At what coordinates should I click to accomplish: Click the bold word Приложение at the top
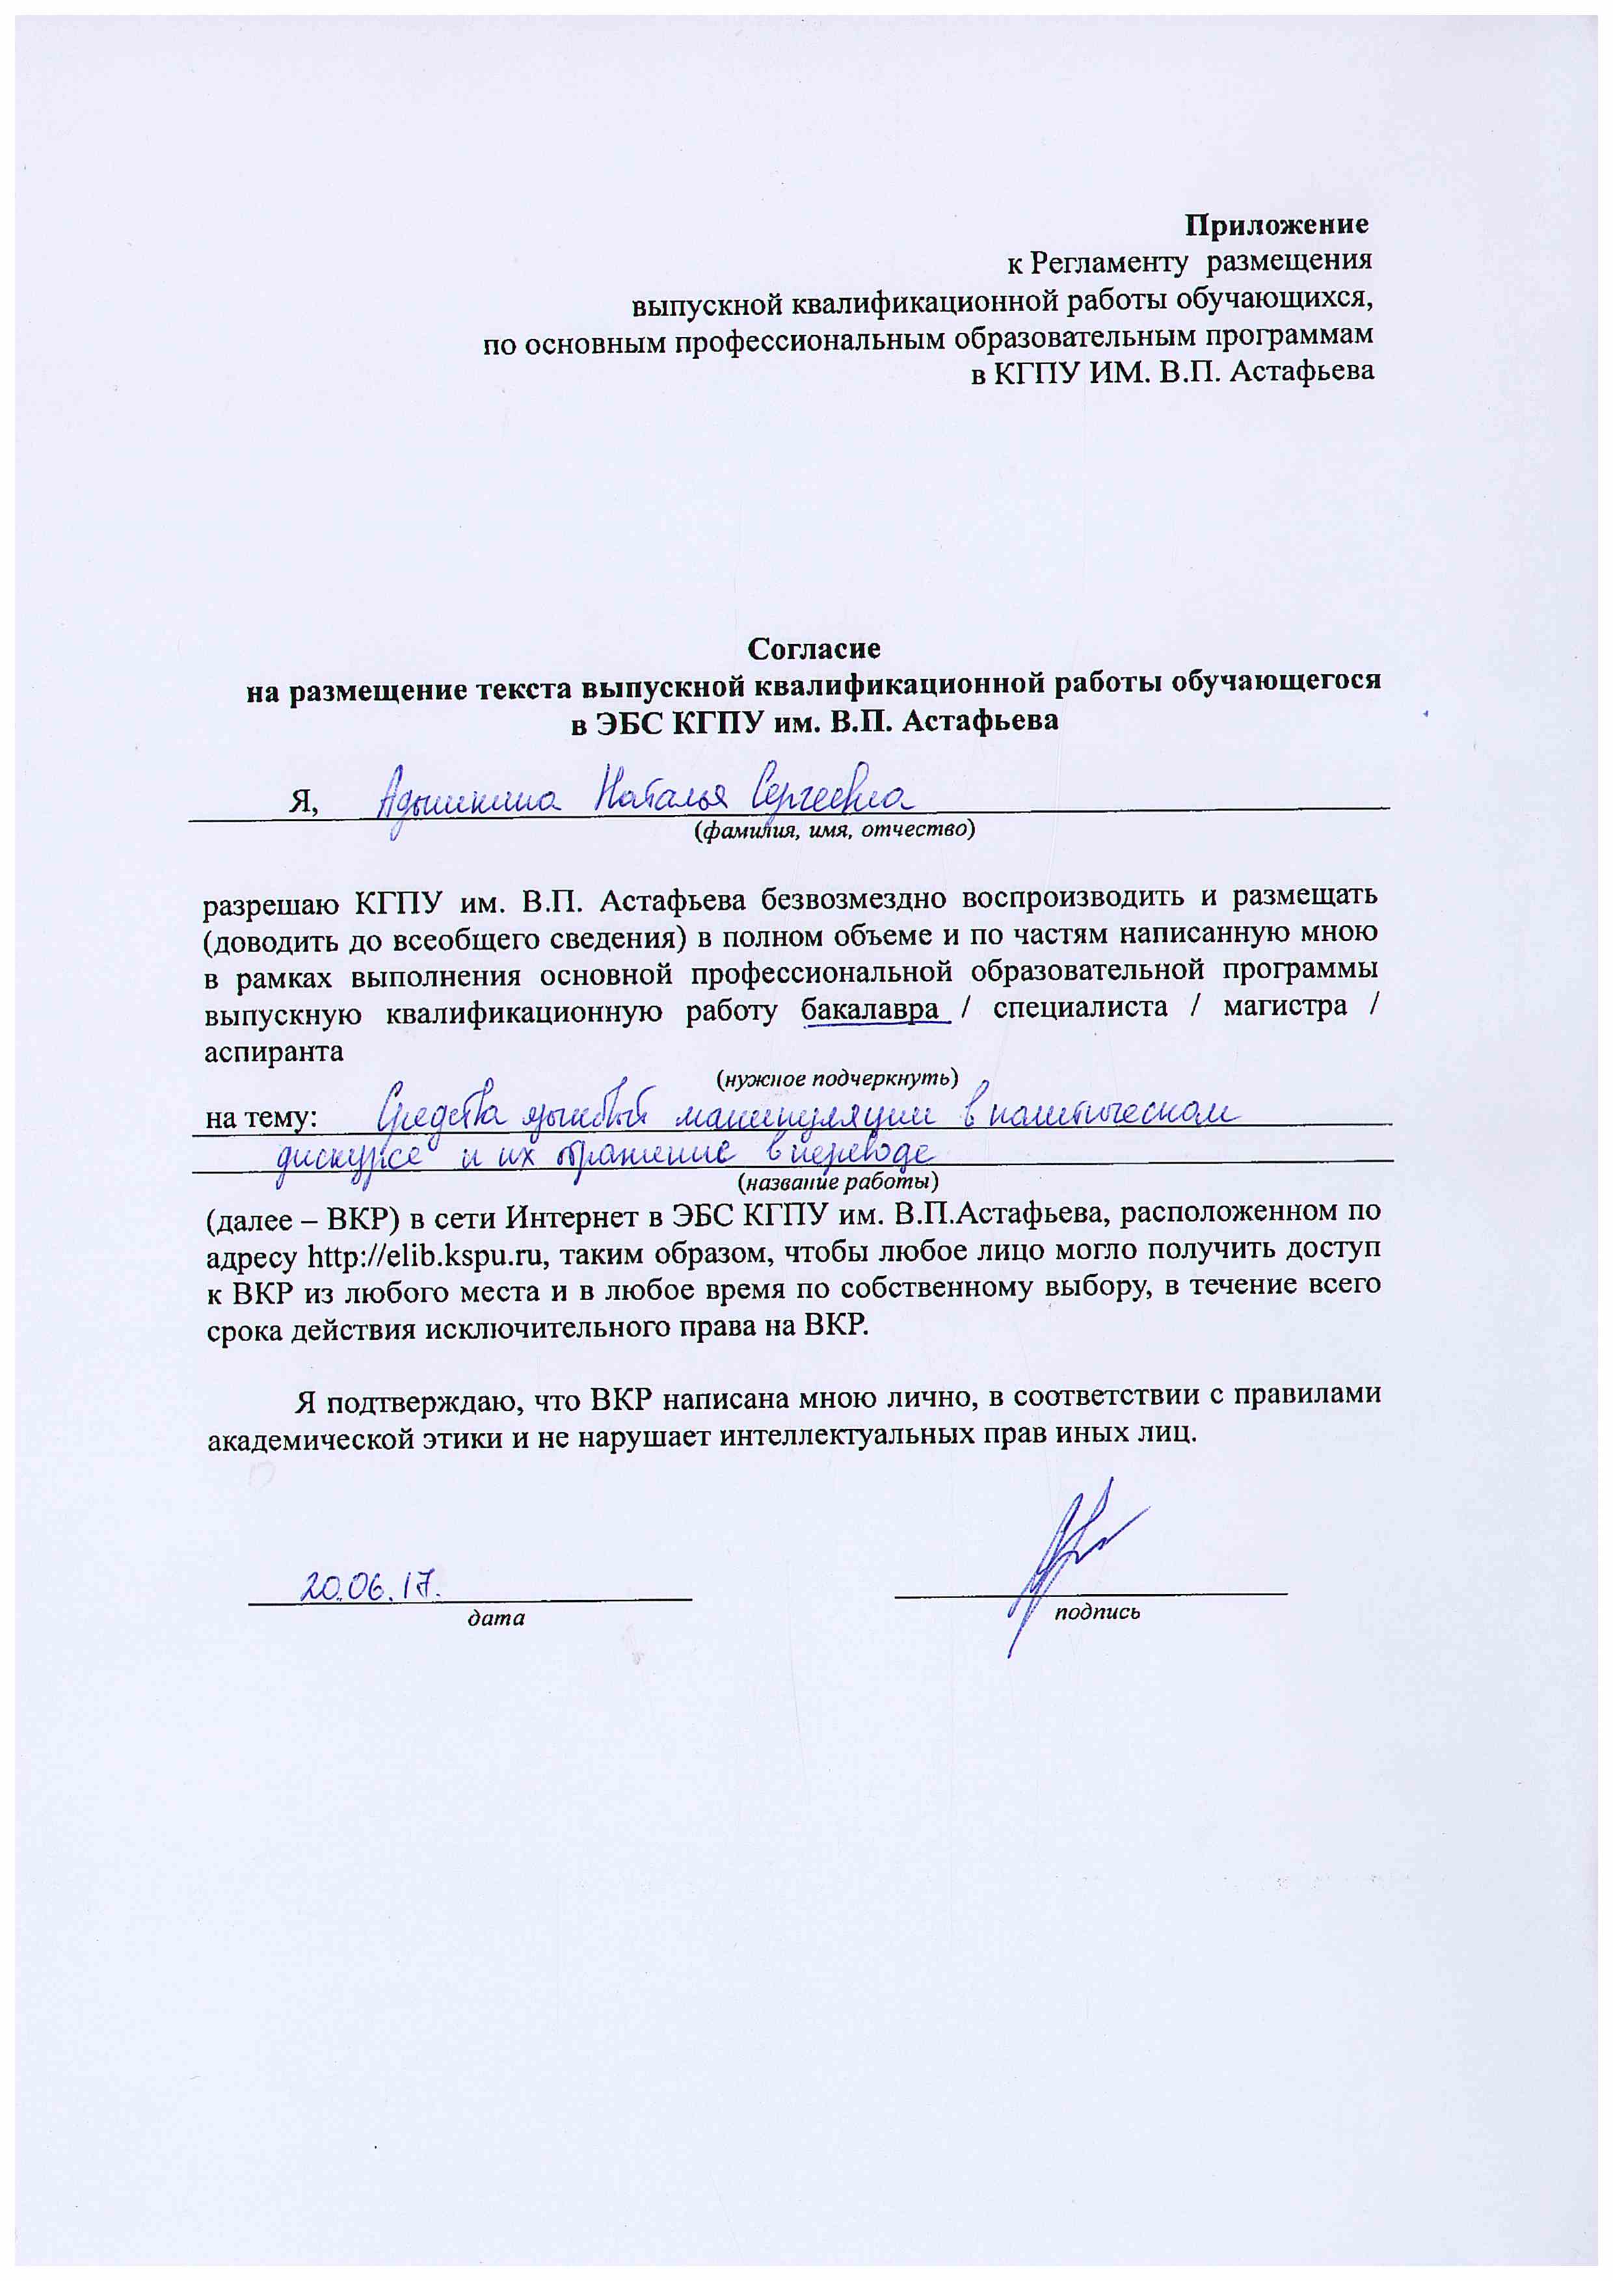[x=1275, y=226]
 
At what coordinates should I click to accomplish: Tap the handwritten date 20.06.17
[x=371, y=1586]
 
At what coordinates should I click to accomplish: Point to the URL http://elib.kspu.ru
[x=428, y=1256]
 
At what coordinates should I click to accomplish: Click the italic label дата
[x=496, y=1618]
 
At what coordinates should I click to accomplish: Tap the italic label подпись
[x=1097, y=1612]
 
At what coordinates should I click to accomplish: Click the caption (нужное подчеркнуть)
[x=836, y=1078]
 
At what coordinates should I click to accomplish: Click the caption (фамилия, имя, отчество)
[x=833, y=829]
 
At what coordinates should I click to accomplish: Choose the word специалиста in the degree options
[x=1080, y=1007]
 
